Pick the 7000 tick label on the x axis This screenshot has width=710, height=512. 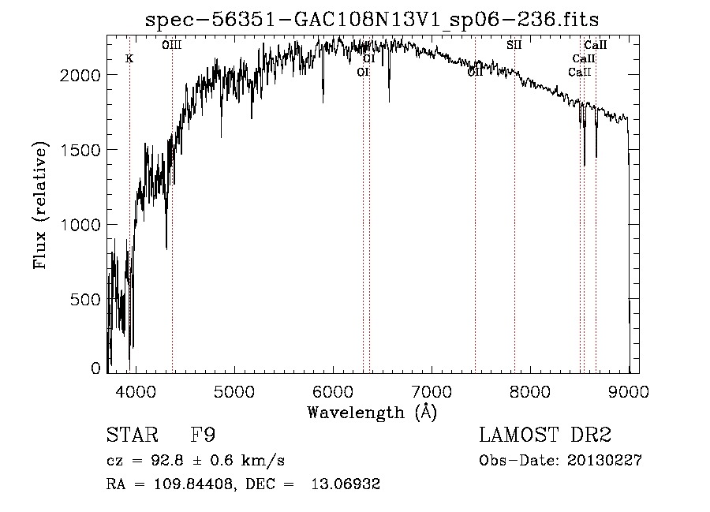click(x=432, y=390)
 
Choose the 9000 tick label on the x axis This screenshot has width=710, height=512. click(x=629, y=390)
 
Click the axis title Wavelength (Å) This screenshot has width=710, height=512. click(x=372, y=412)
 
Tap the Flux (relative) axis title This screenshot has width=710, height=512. click(x=40, y=206)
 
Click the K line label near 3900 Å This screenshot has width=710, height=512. click(x=129, y=58)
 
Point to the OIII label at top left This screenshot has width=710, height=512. click(x=172, y=45)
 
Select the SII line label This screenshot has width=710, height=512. click(x=514, y=45)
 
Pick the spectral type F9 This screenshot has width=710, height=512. click(x=204, y=436)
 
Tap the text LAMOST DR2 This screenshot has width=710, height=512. click(x=545, y=436)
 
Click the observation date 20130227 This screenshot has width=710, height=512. click(x=605, y=461)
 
